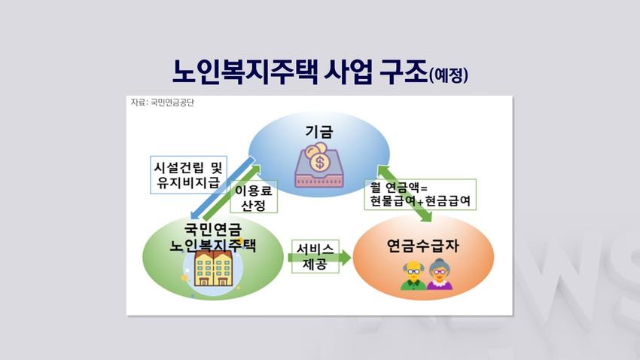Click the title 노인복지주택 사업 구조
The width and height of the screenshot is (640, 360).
(300, 72)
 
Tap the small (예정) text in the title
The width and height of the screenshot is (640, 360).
(449, 75)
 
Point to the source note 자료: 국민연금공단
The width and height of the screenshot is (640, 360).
(163, 102)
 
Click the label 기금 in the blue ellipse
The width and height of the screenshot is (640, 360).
(319, 132)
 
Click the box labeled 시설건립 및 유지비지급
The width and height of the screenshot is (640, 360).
(188, 175)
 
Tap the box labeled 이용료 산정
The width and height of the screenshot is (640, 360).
(254, 197)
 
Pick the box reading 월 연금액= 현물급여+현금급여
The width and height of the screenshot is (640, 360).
(420, 194)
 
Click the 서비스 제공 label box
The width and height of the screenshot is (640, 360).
(315, 257)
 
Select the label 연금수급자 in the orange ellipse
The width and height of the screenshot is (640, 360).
(423, 246)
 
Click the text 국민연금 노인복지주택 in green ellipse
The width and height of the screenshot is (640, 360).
(212, 237)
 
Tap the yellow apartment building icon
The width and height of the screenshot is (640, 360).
(213, 268)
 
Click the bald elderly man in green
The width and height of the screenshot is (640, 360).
(413, 276)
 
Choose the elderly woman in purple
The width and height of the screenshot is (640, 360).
(440, 274)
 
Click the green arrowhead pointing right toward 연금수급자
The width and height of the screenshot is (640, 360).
(346, 257)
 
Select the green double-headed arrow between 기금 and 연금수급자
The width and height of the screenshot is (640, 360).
(404, 194)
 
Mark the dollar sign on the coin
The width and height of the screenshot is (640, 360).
(319, 163)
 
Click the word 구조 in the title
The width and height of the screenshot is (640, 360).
(404, 72)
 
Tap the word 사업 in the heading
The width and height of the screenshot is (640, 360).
(348, 72)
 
